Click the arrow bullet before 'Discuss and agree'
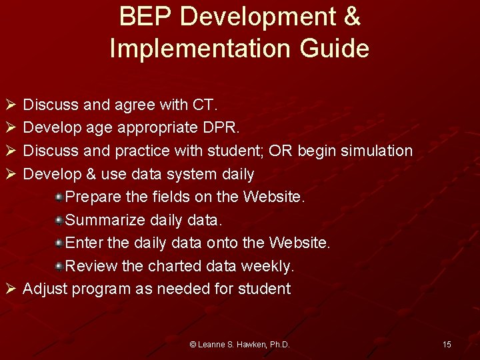(x=9, y=105)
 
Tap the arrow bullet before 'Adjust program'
(x=9, y=289)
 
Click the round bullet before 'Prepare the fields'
(x=59, y=197)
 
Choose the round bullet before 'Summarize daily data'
(x=59, y=220)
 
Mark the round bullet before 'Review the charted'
(x=59, y=266)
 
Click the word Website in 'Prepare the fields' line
(x=274, y=197)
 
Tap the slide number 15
(x=447, y=344)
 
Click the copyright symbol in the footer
(x=193, y=345)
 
